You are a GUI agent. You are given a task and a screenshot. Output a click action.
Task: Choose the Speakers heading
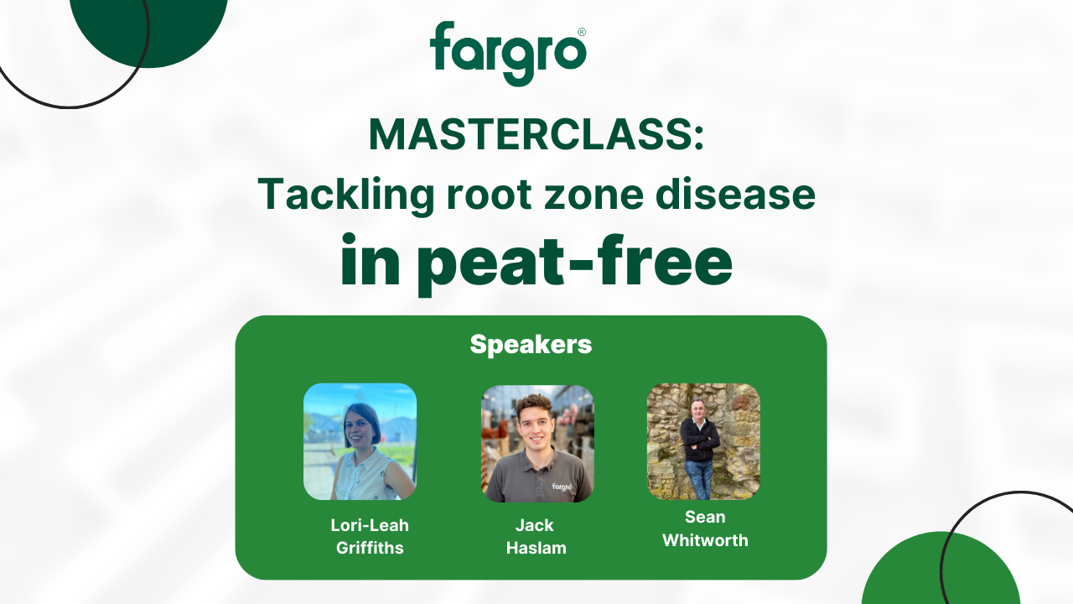tap(531, 345)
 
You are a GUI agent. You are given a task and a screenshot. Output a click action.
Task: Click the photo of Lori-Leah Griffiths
tap(360, 441)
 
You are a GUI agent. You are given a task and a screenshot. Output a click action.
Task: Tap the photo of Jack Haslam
tap(536, 444)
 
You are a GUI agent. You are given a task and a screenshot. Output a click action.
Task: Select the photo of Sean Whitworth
tap(702, 441)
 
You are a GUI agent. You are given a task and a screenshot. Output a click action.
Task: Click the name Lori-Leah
tap(370, 526)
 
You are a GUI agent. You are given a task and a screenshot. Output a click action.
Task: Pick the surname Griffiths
tap(370, 549)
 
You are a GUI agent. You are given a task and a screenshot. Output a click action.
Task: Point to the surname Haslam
tap(536, 549)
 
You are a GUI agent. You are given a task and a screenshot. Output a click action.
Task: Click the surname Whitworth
tap(705, 540)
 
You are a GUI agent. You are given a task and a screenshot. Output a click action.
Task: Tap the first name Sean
tap(705, 517)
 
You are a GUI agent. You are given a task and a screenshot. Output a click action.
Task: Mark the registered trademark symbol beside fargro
tap(582, 32)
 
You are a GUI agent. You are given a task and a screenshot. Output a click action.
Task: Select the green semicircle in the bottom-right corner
tap(939, 575)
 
